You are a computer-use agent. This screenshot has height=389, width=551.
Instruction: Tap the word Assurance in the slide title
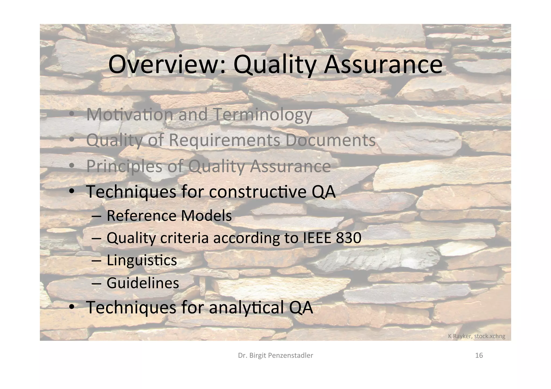tap(383, 65)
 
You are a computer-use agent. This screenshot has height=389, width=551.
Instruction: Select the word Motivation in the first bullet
tap(130, 115)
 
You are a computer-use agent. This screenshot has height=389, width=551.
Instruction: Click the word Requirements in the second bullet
tap(225, 140)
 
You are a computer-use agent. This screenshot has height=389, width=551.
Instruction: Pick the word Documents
tap(330, 140)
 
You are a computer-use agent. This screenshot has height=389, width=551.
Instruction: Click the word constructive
tap(258, 192)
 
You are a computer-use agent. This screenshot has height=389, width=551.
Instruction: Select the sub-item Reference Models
tap(169, 216)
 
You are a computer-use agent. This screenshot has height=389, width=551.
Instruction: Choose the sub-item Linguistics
tap(142, 260)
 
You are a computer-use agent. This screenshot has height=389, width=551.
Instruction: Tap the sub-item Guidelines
tap(143, 283)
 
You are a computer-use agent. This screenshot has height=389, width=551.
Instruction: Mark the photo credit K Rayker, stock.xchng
tap(476, 336)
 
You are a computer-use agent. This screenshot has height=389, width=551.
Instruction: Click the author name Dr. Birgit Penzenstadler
tap(275, 355)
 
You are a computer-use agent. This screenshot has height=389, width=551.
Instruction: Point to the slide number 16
tap(479, 355)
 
